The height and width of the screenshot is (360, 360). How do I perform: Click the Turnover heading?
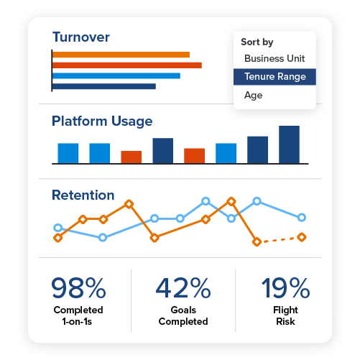point(80,37)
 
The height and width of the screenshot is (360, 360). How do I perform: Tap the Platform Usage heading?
point(102,121)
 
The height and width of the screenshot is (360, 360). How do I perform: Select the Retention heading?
point(83,195)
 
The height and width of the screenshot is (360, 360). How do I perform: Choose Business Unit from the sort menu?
point(274,58)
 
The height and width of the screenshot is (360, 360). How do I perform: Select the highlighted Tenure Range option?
point(274,77)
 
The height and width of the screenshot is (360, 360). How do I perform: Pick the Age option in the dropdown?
point(254,96)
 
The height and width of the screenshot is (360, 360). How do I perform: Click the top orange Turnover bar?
point(121,55)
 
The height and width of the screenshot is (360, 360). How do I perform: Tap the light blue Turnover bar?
point(116,75)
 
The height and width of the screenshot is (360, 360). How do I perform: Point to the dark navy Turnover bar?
point(104,86)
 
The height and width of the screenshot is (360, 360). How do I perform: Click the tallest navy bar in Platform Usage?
point(289,144)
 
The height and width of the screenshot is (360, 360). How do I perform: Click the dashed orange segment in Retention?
point(279,239)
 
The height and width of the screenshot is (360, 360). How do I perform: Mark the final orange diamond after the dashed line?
point(302,237)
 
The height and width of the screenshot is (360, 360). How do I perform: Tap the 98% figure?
point(78,288)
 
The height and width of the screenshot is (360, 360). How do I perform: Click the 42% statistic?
point(183,288)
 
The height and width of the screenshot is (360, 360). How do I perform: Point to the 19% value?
point(285,288)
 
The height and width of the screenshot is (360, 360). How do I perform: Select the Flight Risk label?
point(285,315)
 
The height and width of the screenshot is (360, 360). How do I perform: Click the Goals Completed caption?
point(183,315)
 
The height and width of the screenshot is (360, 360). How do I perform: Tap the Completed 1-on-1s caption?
point(78,315)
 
